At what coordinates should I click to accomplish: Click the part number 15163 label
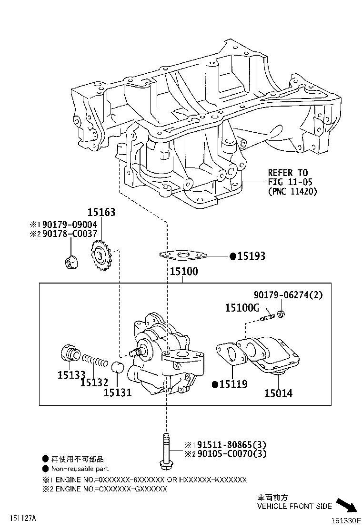[101, 212]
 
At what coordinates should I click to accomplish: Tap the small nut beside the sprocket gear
[71, 262]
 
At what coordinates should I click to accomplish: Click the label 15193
[251, 256]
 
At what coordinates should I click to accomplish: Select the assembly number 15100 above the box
[183, 272]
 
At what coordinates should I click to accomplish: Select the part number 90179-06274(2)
[288, 295]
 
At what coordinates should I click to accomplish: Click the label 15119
[232, 384]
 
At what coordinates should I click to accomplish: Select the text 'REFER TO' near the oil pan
[288, 173]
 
